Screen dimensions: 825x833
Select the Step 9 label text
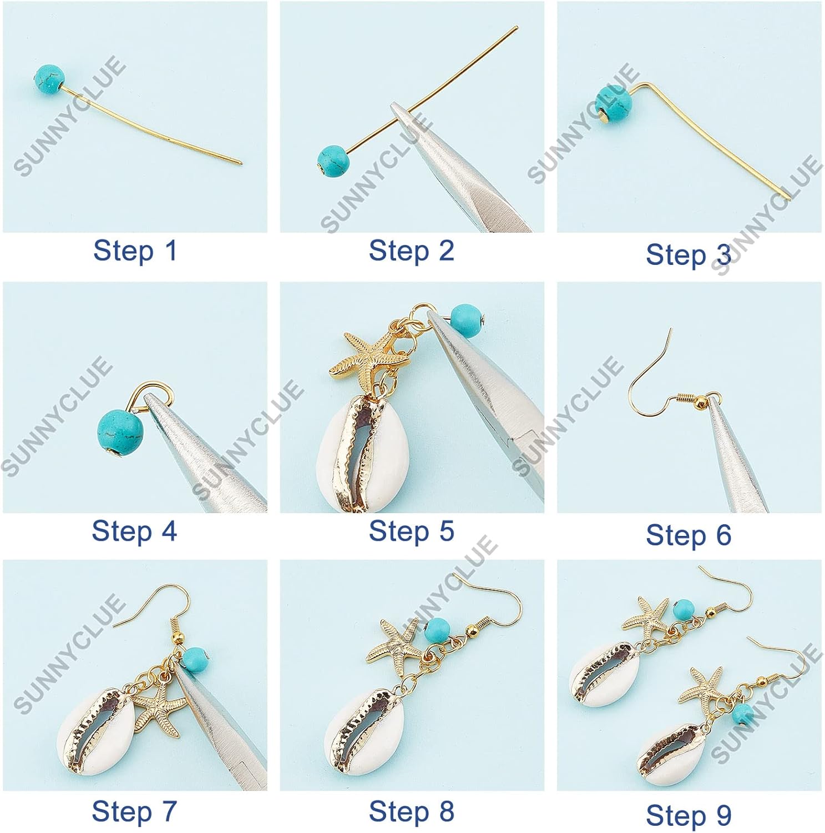[x=689, y=815]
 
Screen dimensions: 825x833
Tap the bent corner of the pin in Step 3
[x=645, y=85]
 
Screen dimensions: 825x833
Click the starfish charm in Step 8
[x=395, y=644]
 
